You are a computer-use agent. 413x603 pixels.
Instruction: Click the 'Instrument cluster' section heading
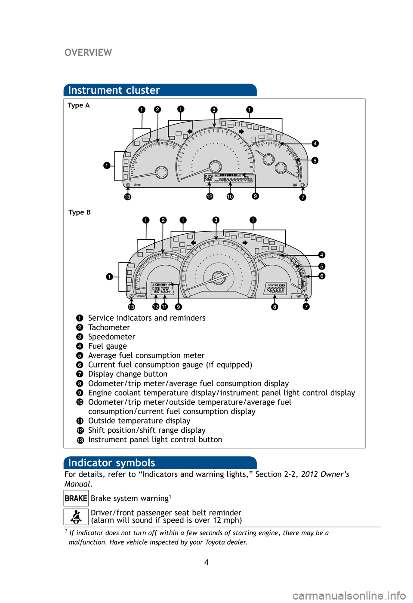tap(114, 90)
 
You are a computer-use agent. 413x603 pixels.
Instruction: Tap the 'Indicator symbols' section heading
tap(111, 463)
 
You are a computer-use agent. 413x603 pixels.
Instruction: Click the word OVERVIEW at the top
tap(88, 52)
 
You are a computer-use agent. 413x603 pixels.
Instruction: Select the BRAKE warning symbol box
tap(76, 499)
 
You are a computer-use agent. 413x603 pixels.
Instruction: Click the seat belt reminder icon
tap(76, 517)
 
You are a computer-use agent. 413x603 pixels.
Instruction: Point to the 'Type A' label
tap(79, 105)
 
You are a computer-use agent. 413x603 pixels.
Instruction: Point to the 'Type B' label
tap(80, 212)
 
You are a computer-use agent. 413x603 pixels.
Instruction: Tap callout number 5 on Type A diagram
tap(315, 161)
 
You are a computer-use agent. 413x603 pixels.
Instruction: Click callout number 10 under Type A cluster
tap(230, 197)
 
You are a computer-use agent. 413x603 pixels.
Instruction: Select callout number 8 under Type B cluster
tap(274, 307)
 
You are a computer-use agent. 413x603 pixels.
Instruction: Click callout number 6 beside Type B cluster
tap(322, 276)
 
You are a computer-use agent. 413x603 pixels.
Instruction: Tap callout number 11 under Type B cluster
tap(164, 307)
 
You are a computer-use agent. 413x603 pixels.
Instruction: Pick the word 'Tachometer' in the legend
tap(109, 328)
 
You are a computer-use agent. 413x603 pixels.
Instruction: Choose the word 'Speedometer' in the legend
tap(111, 337)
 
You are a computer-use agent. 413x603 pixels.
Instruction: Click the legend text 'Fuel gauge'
tap(108, 346)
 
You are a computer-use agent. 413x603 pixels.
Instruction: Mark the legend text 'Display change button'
tap(128, 374)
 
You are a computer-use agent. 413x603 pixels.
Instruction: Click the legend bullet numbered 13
tap(80, 440)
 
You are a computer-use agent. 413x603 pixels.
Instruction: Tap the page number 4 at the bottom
tap(206, 563)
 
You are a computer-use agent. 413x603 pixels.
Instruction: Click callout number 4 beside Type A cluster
tap(315, 144)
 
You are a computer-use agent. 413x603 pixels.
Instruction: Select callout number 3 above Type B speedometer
tap(216, 220)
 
